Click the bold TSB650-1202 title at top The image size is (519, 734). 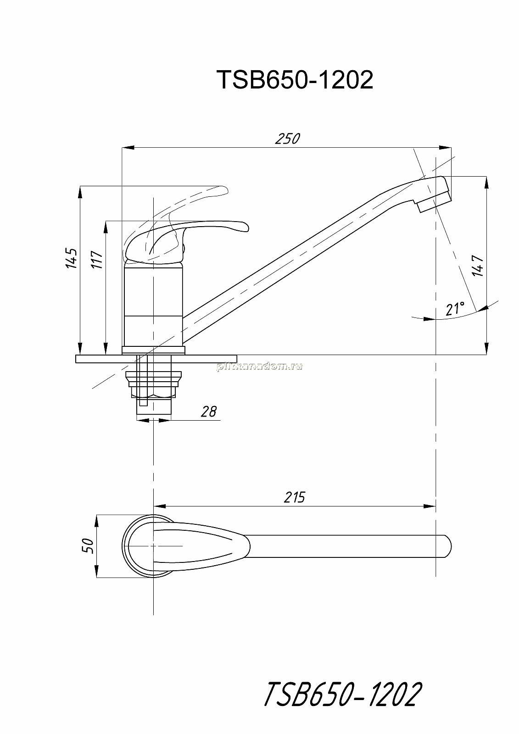[x=295, y=80]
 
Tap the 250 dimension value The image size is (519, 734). [x=287, y=139]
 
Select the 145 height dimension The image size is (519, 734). [x=72, y=259]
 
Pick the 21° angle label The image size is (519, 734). [x=455, y=309]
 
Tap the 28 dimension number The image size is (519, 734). [x=209, y=411]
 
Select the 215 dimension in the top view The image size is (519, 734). [x=295, y=497]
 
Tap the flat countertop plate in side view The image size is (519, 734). [x=156, y=358]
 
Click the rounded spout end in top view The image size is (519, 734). [x=447, y=546]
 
